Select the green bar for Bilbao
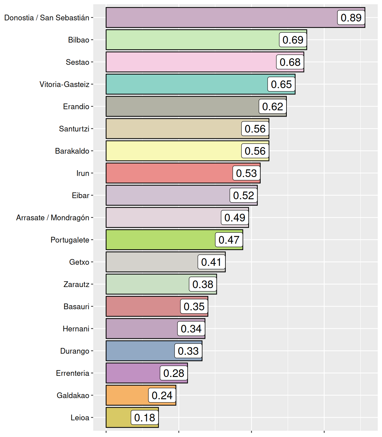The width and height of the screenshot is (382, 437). pyautogui.click(x=192, y=40)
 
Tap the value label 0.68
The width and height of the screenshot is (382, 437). pyautogui.click(x=290, y=62)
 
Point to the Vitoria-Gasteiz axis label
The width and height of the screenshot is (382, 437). pyautogui.click(x=65, y=84)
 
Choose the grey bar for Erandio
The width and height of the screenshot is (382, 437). pyautogui.click(x=182, y=106)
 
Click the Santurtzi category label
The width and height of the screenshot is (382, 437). pyautogui.click(x=74, y=129)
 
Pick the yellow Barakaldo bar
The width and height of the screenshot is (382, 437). pyautogui.click(x=173, y=151)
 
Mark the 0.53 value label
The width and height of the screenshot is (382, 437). pyautogui.click(x=246, y=173)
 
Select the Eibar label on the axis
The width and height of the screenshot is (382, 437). pyautogui.click(x=81, y=195)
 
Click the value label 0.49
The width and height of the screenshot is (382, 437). pyautogui.click(x=235, y=218)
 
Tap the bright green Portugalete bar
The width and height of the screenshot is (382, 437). pyautogui.click(x=160, y=240)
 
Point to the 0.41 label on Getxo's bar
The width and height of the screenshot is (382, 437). pyautogui.click(x=211, y=262)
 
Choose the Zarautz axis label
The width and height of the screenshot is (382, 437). pyautogui.click(x=76, y=285)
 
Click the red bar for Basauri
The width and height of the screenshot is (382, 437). pyautogui.click(x=143, y=306)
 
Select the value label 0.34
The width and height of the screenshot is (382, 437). pyautogui.click(x=191, y=329)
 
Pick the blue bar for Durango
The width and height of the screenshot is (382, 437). pyautogui.click(x=140, y=351)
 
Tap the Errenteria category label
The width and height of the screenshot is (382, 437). pyautogui.click(x=73, y=373)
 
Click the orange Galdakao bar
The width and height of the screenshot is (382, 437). pyautogui.click(x=127, y=395)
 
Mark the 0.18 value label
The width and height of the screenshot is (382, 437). pyautogui.click(x=145, y=418)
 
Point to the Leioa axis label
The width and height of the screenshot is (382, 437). pyautogui.click(x=80, y=418)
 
